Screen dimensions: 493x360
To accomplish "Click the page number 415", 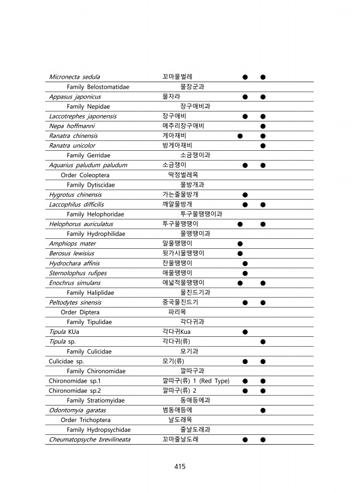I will coord(180,467).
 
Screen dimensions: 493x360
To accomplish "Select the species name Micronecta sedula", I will coord(74,77).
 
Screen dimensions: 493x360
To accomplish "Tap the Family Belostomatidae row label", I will coord(98,87).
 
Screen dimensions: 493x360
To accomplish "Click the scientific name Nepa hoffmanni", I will coord(72,126).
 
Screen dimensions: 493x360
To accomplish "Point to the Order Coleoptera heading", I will coord(85,175).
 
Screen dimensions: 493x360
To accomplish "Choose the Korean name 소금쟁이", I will coord(174,165).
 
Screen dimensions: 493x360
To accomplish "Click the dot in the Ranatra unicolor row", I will coord(263,146).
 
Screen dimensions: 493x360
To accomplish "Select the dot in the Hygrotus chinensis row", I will coord(245,194).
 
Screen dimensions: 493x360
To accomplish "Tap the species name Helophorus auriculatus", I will coord(81,224).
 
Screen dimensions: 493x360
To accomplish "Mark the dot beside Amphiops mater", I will coord(240,244).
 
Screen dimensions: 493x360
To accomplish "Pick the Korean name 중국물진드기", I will coord(180,302).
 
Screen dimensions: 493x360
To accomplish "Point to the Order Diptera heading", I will coord(80,312).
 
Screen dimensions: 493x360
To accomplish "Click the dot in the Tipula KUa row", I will coord(245,332).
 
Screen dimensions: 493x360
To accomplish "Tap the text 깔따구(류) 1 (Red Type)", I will coord(196,381).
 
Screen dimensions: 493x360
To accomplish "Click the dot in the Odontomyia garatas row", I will coord(263,410).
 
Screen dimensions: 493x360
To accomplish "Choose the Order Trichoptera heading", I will coord(86,420).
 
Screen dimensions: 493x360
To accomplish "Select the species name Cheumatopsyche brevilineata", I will coord(89,440).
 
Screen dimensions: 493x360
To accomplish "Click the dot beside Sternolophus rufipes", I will coord(245,273).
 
